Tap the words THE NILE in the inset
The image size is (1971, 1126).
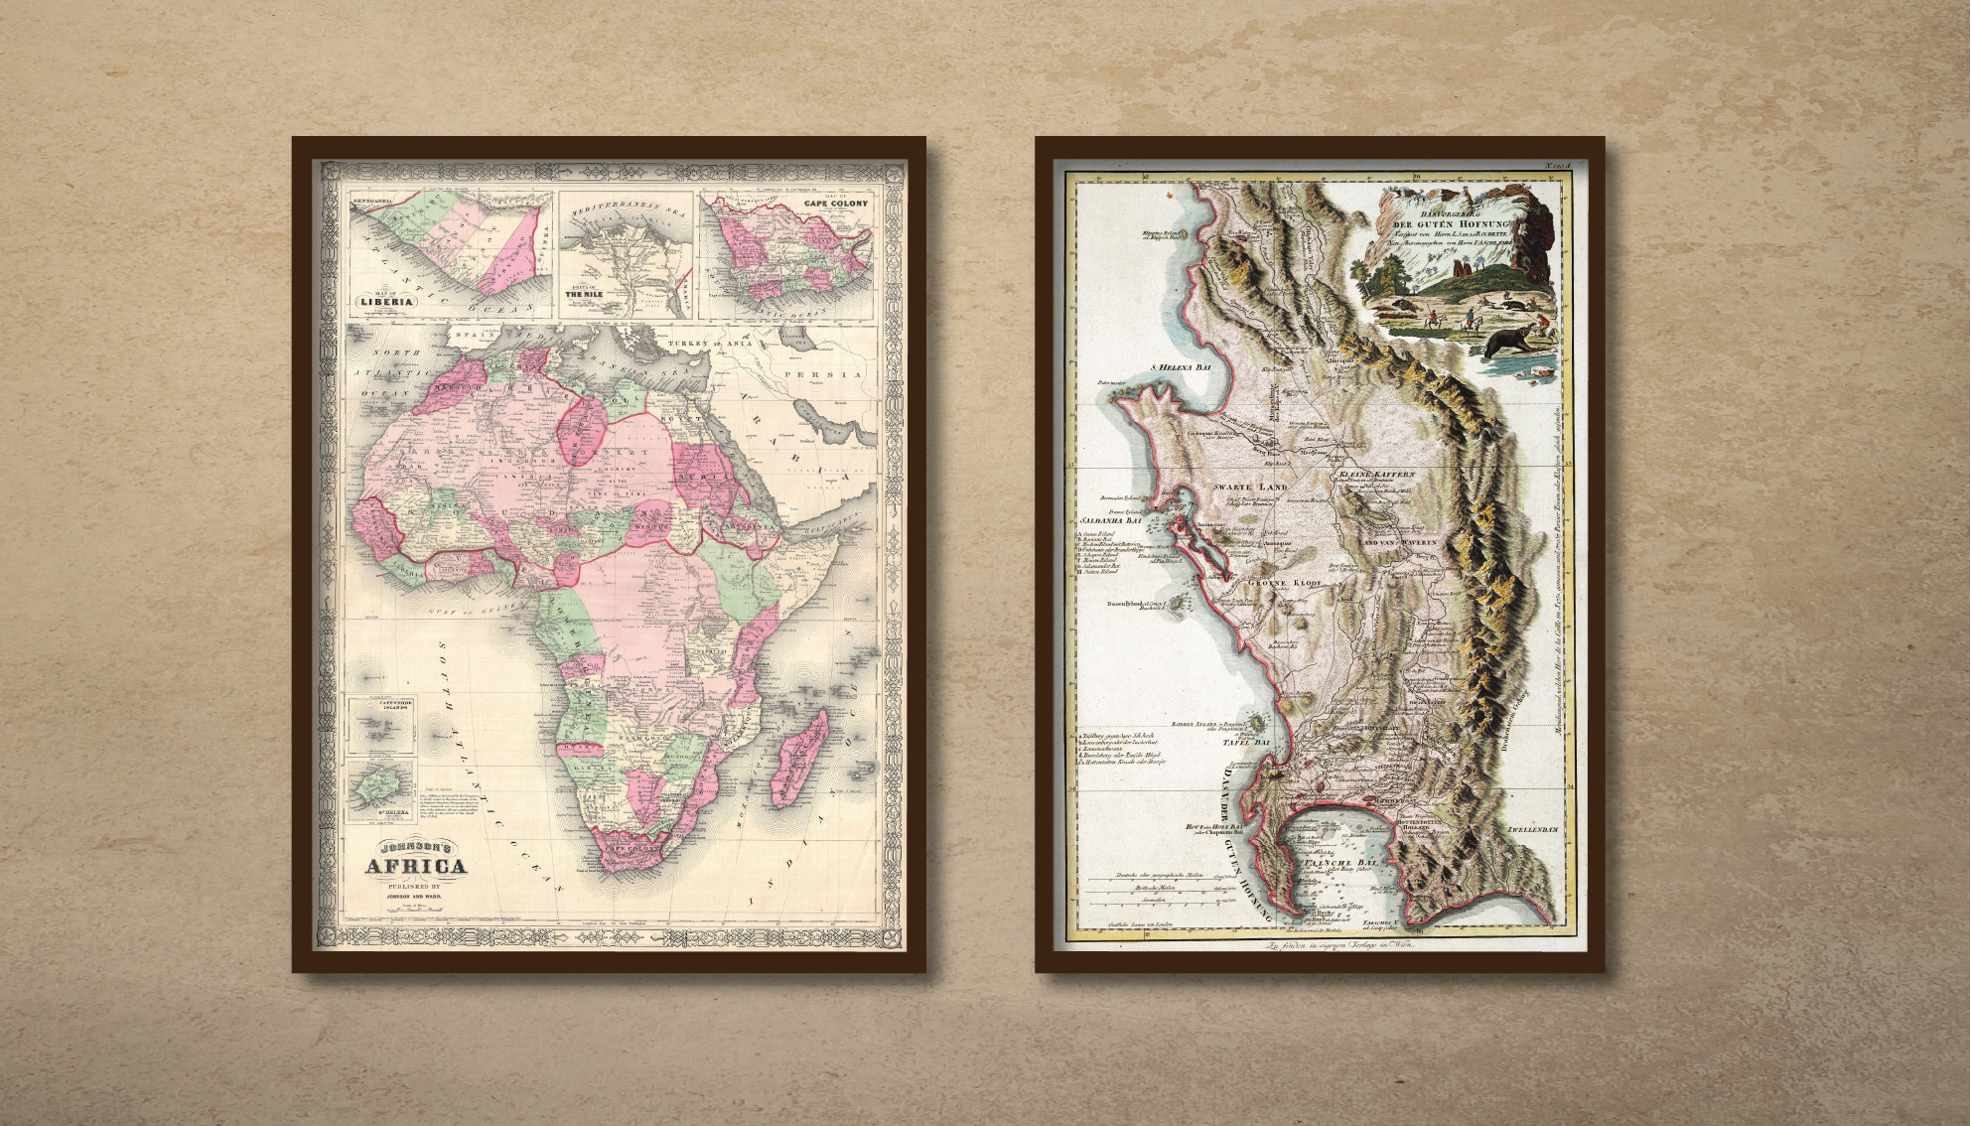point(586,295)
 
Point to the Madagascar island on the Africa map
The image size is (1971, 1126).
point(799,759)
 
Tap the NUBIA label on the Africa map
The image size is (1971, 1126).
point(700,477)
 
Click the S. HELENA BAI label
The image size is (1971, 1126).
point(1181,366)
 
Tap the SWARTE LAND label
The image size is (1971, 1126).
point(1250,488)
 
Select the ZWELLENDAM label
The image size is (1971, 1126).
point(1532,829)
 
